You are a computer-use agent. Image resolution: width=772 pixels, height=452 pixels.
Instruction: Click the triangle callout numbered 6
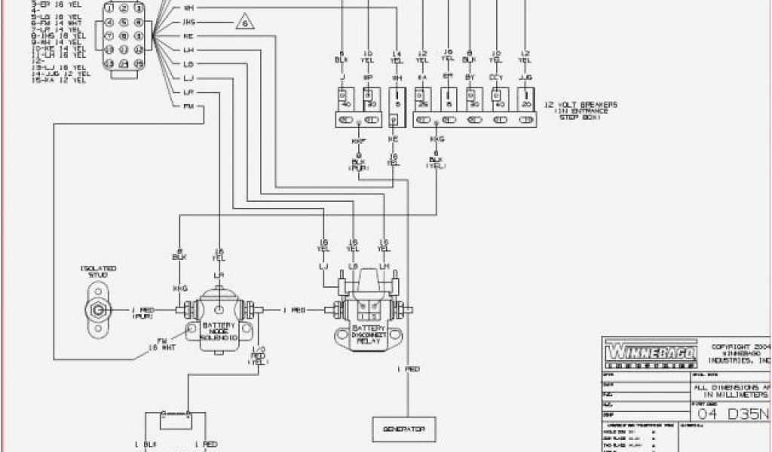coord(244,22)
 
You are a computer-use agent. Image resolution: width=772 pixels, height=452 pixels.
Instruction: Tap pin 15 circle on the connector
coord(139,63)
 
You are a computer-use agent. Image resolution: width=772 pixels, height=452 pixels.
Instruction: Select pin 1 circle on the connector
coord(110,8)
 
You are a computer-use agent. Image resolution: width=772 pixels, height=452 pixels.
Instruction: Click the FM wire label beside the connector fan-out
coord(188,106)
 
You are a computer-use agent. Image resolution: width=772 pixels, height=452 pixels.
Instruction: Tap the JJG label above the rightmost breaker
coord(525,76)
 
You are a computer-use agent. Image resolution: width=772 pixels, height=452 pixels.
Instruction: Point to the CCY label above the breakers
coord(496,76)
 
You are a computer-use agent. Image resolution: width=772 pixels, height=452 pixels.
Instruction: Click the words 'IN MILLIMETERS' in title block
coord(728,394)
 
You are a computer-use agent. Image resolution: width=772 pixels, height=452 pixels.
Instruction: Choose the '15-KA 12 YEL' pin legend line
coord(57,81)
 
